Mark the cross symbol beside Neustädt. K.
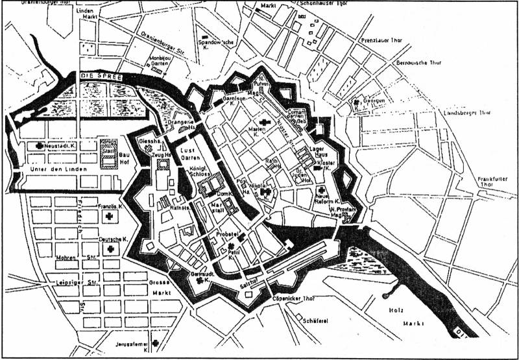tap(41, 146)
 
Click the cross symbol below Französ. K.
tap(110, 217)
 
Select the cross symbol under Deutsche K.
tap(111, 249)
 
